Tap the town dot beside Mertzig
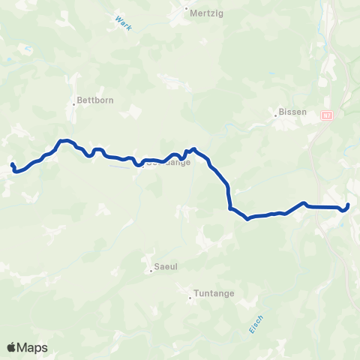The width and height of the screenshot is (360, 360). point(186,10)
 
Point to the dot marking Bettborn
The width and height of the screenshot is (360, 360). point(74,104)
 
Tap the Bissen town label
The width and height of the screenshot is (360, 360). point(292,112)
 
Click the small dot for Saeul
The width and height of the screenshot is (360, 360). point(151,271)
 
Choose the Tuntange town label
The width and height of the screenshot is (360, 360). point(213,294)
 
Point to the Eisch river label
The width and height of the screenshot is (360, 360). point(256,324)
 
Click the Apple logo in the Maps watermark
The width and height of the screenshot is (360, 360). point(12,347)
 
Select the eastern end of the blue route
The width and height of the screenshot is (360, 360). point(349,204)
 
